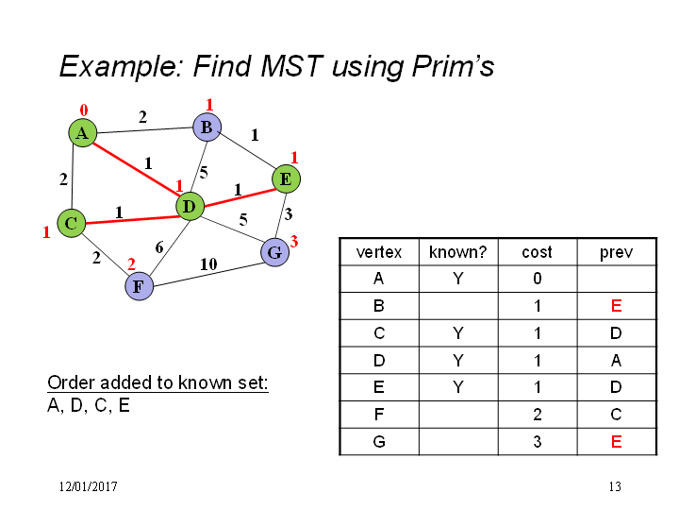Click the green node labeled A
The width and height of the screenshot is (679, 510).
point(83,133)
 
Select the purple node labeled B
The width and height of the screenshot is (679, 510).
point(207,127)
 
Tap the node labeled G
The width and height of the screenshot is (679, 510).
point(275,252)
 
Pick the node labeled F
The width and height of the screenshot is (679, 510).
point(139,286)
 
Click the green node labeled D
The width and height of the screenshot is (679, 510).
point(190,206)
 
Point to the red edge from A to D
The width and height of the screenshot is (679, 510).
point(137,170)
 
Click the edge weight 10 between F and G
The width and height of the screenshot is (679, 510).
point(208,263)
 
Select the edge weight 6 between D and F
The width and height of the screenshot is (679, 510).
point(159,247)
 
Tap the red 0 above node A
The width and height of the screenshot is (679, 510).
point(84,110)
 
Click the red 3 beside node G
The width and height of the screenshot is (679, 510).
point(294,241)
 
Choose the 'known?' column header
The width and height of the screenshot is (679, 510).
point(457,252)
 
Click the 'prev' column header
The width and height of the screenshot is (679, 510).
point(616,253)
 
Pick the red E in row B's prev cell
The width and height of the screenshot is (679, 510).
point(616,306)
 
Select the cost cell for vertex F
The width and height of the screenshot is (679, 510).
point(538,415)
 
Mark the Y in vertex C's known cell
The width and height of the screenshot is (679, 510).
point(458,333)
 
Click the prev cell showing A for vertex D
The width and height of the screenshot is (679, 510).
point(617,361)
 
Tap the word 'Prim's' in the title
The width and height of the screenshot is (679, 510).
point(453,66)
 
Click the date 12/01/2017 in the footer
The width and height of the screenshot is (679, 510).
point(89,486)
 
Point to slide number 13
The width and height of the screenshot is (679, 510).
point(615,486)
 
